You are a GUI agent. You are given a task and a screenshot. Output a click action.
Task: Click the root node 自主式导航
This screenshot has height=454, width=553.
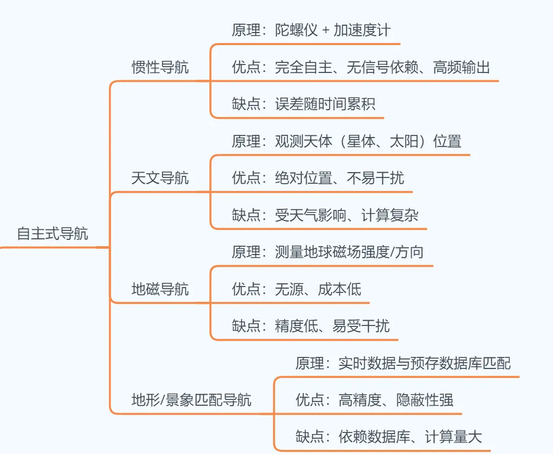coord(52,234)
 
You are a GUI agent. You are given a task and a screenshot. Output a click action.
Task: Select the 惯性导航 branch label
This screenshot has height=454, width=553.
coord(160,68)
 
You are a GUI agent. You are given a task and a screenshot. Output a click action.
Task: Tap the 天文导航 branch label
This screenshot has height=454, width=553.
coord(160,178)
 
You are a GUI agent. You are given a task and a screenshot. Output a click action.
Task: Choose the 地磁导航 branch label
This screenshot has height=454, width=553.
coord(160,289)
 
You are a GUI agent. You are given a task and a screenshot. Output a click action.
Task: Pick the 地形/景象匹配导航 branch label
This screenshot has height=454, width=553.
coord(191,400)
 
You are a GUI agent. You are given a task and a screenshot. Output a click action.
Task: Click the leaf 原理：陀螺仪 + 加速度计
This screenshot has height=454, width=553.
coord(311,30)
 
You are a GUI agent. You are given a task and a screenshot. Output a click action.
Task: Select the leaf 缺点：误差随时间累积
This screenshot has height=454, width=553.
coord(303,104)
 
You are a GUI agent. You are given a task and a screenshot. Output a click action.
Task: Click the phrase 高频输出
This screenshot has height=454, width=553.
coord(461,67)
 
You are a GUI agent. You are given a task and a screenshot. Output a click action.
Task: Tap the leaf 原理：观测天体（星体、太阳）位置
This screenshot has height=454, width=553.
coord(346,141)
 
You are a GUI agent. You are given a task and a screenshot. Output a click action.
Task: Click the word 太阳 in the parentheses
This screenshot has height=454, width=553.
coord(404,141)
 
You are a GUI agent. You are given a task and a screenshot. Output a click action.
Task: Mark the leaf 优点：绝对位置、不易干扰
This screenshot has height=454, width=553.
coord(318,178)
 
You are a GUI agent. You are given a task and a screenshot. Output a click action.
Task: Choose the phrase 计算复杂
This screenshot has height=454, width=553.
coord(390,215)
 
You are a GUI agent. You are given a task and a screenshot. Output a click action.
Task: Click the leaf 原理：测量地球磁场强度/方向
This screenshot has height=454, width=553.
coord(328,252)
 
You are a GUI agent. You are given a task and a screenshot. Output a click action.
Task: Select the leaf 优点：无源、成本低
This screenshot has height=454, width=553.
coord(296,289)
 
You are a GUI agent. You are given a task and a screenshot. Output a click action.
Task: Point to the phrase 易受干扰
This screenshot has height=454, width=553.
coord(361,326)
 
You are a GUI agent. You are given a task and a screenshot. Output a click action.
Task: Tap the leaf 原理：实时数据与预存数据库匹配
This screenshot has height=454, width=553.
coord(403,363)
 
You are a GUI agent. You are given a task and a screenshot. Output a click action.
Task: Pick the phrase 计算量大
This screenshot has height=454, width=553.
coord(453,437)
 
